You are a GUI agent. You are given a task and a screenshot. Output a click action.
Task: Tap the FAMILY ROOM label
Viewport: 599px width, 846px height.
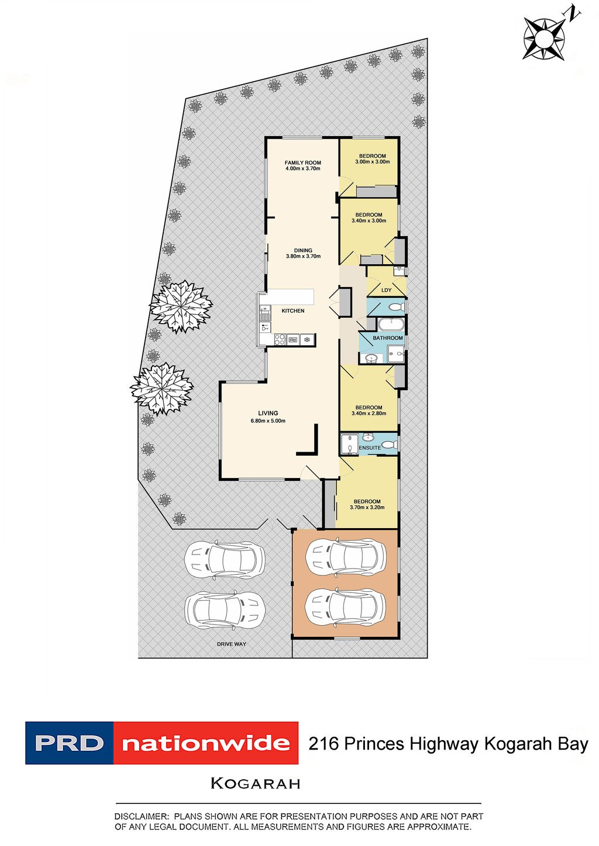[x=302, y=163]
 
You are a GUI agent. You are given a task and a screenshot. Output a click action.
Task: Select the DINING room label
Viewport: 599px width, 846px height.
[x=303, y=251]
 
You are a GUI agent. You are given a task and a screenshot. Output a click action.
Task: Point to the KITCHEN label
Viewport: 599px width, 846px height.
[x=293, y=311]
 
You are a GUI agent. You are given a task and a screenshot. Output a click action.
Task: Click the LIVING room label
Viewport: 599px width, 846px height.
[x=268, y=413]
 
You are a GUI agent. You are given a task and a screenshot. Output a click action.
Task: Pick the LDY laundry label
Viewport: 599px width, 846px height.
[x=386, y=290]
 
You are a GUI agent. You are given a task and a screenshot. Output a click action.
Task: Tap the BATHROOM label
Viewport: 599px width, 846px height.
[x=388, y=338]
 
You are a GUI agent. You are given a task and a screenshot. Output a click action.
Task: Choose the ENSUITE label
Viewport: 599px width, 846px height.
[x=370, y=448]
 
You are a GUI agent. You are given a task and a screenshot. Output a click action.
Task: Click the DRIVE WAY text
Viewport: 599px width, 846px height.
[x=232, y=644]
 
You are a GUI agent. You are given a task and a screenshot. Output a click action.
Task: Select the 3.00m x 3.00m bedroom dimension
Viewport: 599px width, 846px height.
[x=373, y=162]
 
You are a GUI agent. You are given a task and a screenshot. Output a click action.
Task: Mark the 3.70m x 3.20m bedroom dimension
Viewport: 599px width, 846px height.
[x=367, y=507]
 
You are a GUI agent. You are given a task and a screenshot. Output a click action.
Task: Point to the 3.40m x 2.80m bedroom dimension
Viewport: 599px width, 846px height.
[x=369, y=414]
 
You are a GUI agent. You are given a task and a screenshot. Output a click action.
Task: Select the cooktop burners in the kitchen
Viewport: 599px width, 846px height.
[x=280, y=339]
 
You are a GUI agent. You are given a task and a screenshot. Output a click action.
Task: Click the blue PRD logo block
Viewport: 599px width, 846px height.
[x=69, y=743]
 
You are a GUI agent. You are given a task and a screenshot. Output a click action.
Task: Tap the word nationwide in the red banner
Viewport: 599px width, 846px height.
[x=206, y=744]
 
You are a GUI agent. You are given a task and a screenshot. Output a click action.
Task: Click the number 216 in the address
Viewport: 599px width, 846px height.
[x=323, y=744]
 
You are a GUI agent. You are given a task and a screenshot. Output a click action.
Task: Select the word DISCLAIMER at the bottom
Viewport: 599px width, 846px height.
[x=141, y=816]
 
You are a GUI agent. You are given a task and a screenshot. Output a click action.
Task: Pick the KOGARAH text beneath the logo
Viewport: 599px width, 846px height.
[x=255, y=783]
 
